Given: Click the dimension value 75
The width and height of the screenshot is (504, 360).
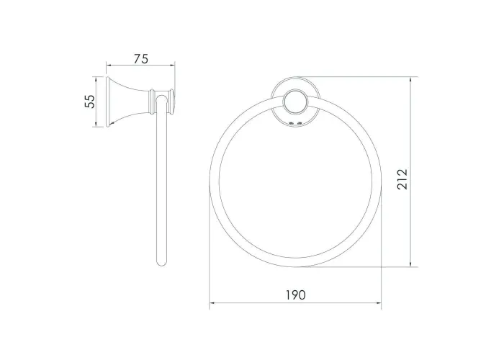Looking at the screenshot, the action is tap(141, 59).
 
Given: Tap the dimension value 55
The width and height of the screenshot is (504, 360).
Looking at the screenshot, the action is tap(90, 102).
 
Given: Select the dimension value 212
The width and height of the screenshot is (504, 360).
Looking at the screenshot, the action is tap(402, 179).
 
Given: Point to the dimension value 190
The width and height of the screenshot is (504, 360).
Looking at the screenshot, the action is tap(296, 294).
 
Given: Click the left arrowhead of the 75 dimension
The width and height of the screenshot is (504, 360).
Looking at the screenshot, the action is tap(109, 66).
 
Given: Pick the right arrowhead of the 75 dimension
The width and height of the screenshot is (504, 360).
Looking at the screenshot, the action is tap(172, 66).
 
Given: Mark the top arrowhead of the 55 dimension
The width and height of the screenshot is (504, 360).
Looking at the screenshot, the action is tap(95, 79).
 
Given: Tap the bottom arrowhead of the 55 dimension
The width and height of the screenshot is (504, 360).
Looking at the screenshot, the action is tap(95, 124).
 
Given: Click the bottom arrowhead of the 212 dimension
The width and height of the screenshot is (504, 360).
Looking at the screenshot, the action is tap(410, 264).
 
